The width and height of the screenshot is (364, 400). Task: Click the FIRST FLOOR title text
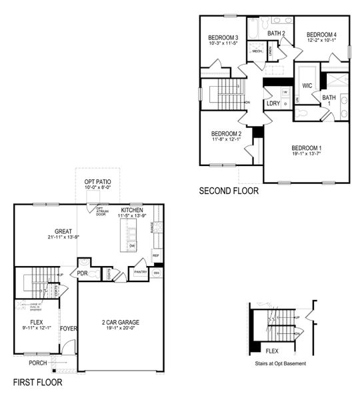[x=38, y=383]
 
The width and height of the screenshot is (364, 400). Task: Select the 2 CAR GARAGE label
[x=121, y=322]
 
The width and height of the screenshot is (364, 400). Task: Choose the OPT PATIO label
[x=97, y=181]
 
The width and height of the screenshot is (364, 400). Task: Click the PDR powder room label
[x=83, y=273]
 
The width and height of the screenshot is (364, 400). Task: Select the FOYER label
[x=69, y=328]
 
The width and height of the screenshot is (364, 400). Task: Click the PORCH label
[x=37, y=363]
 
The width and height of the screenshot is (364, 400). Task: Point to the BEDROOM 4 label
[x=321, y=35]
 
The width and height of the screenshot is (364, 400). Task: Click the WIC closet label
[x=307, y=86]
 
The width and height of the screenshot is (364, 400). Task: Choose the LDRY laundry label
[x=273, y=103]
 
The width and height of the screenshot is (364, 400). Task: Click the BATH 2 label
[x=277, y=33]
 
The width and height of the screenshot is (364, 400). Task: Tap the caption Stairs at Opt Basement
[x=281, y=364]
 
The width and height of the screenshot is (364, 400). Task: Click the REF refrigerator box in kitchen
[x=156, y=255]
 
